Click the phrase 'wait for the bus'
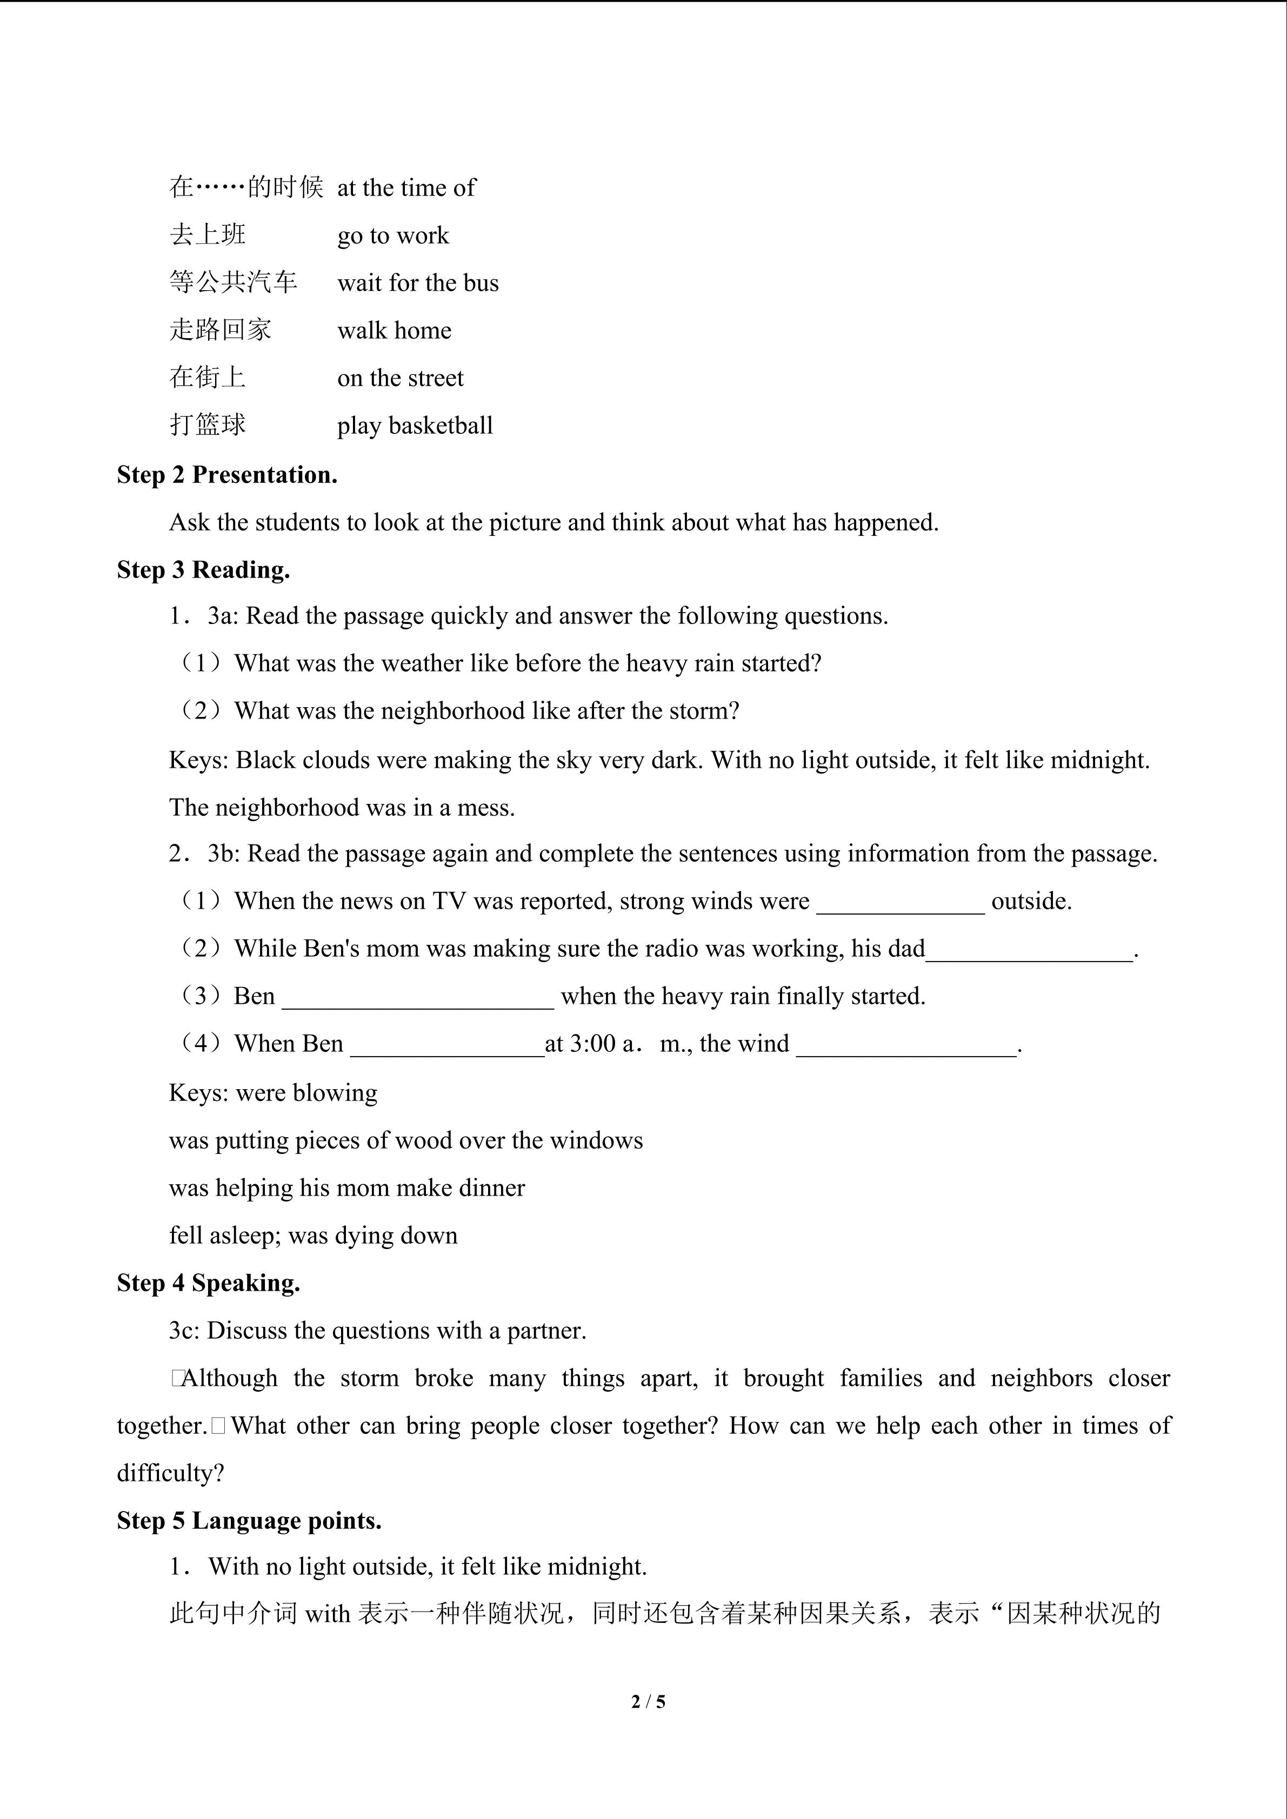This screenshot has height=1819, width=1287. [x=418, y=283]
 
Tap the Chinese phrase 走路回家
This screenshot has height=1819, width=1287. [x=221, y=330]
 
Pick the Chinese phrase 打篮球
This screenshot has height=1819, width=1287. [x=208, y=425]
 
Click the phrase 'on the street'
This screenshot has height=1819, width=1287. [x=400, y=378]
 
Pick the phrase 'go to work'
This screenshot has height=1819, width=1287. [x=393, y=236]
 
